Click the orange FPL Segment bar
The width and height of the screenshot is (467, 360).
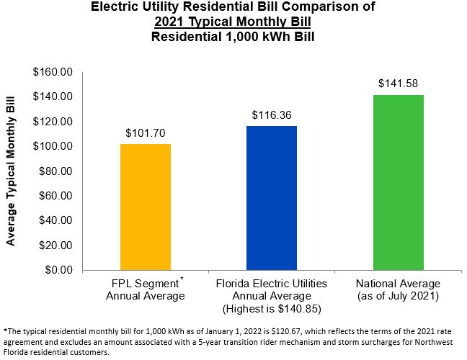146,207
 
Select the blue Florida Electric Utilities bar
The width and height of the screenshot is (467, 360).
272,198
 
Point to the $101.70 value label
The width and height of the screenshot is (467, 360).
146,133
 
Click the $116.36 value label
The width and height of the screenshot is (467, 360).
272,115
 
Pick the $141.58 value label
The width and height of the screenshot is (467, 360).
398,84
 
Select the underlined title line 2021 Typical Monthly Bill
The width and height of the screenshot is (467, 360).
234,22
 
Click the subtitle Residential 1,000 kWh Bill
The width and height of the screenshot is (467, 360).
234,35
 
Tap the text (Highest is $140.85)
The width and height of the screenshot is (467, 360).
272,308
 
